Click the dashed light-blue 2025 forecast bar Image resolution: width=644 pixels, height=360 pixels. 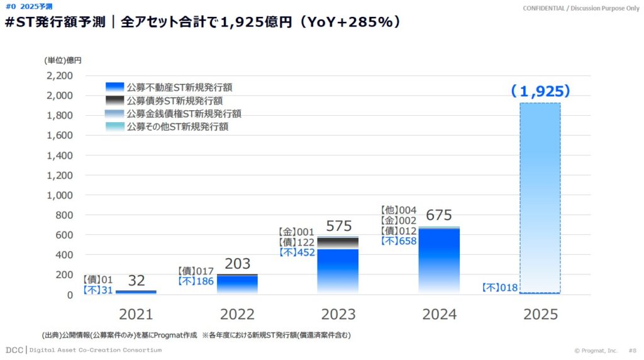click(540, 198)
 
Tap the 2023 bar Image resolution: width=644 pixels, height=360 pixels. click(338, 267)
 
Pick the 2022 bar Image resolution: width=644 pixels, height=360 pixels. click(237, 284)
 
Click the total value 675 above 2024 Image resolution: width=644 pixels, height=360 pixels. click(439, 215)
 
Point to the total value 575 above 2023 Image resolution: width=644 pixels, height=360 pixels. click(339, 226)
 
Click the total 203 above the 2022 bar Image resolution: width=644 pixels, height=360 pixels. click(238, 264)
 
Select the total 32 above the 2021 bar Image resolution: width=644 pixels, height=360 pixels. click(137, 280)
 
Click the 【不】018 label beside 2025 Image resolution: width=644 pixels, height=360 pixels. click(499, 288)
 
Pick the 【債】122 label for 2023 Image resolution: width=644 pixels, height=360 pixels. click(296, 242)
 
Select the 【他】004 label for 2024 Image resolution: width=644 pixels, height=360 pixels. click(399, 210)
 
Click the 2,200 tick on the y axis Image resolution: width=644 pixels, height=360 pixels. click(60, 76)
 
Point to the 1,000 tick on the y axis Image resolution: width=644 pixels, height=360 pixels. click(60, 195)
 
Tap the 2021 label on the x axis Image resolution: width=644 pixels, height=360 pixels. click(136, 315)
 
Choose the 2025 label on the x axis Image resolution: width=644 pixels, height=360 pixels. click(540, 315)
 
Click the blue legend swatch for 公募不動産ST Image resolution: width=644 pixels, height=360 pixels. click(115, 87)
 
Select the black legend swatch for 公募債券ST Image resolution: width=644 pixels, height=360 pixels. click(115, 101)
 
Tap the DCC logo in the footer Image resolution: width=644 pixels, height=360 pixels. click(14, 350)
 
